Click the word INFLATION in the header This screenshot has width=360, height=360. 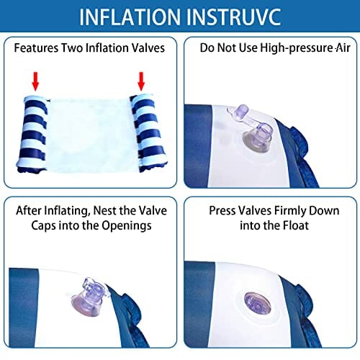(130, 17)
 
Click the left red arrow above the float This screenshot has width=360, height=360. (35, 81)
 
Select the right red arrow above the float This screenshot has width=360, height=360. (141, 81)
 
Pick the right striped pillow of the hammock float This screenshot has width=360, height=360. (148, 133)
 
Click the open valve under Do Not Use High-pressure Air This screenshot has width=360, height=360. (254, 129)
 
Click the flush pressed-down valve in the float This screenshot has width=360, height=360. (257, 303)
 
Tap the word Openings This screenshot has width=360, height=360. (127, 226)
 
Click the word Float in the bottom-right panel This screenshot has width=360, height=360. (296, 225)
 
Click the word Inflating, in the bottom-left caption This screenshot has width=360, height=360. (66, 211)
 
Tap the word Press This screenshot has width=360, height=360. (222, 211)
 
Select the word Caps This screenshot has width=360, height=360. (43, 226)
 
